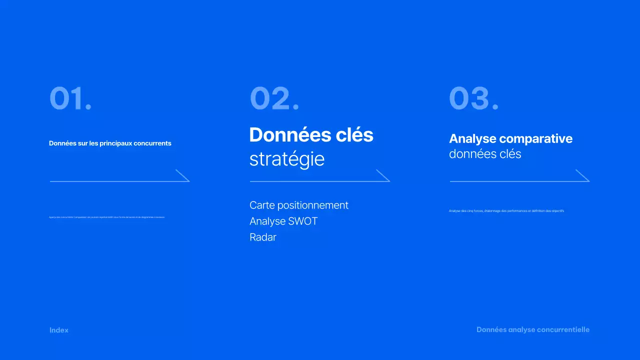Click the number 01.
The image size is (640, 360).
(x=70, y=98)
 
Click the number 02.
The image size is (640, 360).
(x=274, y=98)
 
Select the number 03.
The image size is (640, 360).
(x=473, y=98)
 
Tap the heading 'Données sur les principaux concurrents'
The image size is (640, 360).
(x=110, y=143)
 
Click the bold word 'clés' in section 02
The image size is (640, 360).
(x=354, y=135)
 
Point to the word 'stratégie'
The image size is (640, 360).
(x=287, y=159)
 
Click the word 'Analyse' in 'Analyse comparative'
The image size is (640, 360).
(x=472, y=139)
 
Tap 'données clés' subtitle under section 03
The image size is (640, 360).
(x=485, y=154)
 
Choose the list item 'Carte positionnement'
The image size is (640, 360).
(x=298, y=205)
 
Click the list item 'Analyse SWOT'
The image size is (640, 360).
(x=283, y=221)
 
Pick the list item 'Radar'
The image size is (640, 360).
(x=263, y=237)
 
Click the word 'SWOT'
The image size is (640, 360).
(x=303, y=221)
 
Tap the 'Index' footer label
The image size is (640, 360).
(x=59, y=330)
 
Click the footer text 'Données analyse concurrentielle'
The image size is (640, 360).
(x=533, y=330)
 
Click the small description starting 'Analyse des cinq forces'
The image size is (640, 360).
(x=506, y=211)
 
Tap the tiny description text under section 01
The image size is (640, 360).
(x=106, y=217)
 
